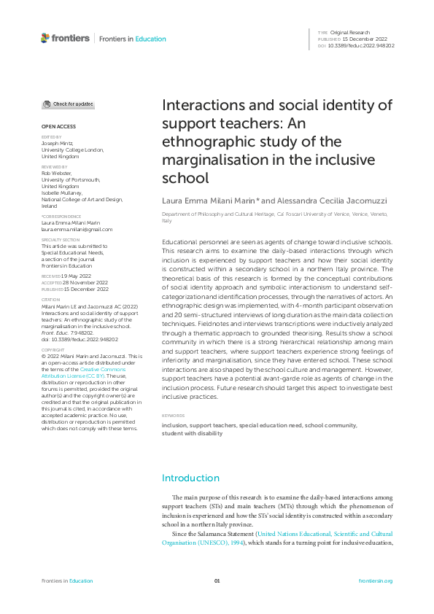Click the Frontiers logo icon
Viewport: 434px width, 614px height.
tap(45, 38)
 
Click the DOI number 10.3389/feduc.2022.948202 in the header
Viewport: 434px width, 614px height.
tap(362, 45)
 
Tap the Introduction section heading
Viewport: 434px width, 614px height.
tap(190, 478)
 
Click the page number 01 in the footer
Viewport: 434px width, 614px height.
tap(217, 580)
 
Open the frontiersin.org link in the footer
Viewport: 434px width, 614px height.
tap(376, 580)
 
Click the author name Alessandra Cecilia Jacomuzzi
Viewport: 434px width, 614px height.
tap(328, 200)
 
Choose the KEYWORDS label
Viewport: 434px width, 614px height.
tap(173, 416)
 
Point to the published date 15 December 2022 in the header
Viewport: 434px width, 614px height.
tap(360, 39)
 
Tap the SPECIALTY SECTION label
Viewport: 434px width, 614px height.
tap(61, 239)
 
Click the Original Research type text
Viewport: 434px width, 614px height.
tap(350, 33)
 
